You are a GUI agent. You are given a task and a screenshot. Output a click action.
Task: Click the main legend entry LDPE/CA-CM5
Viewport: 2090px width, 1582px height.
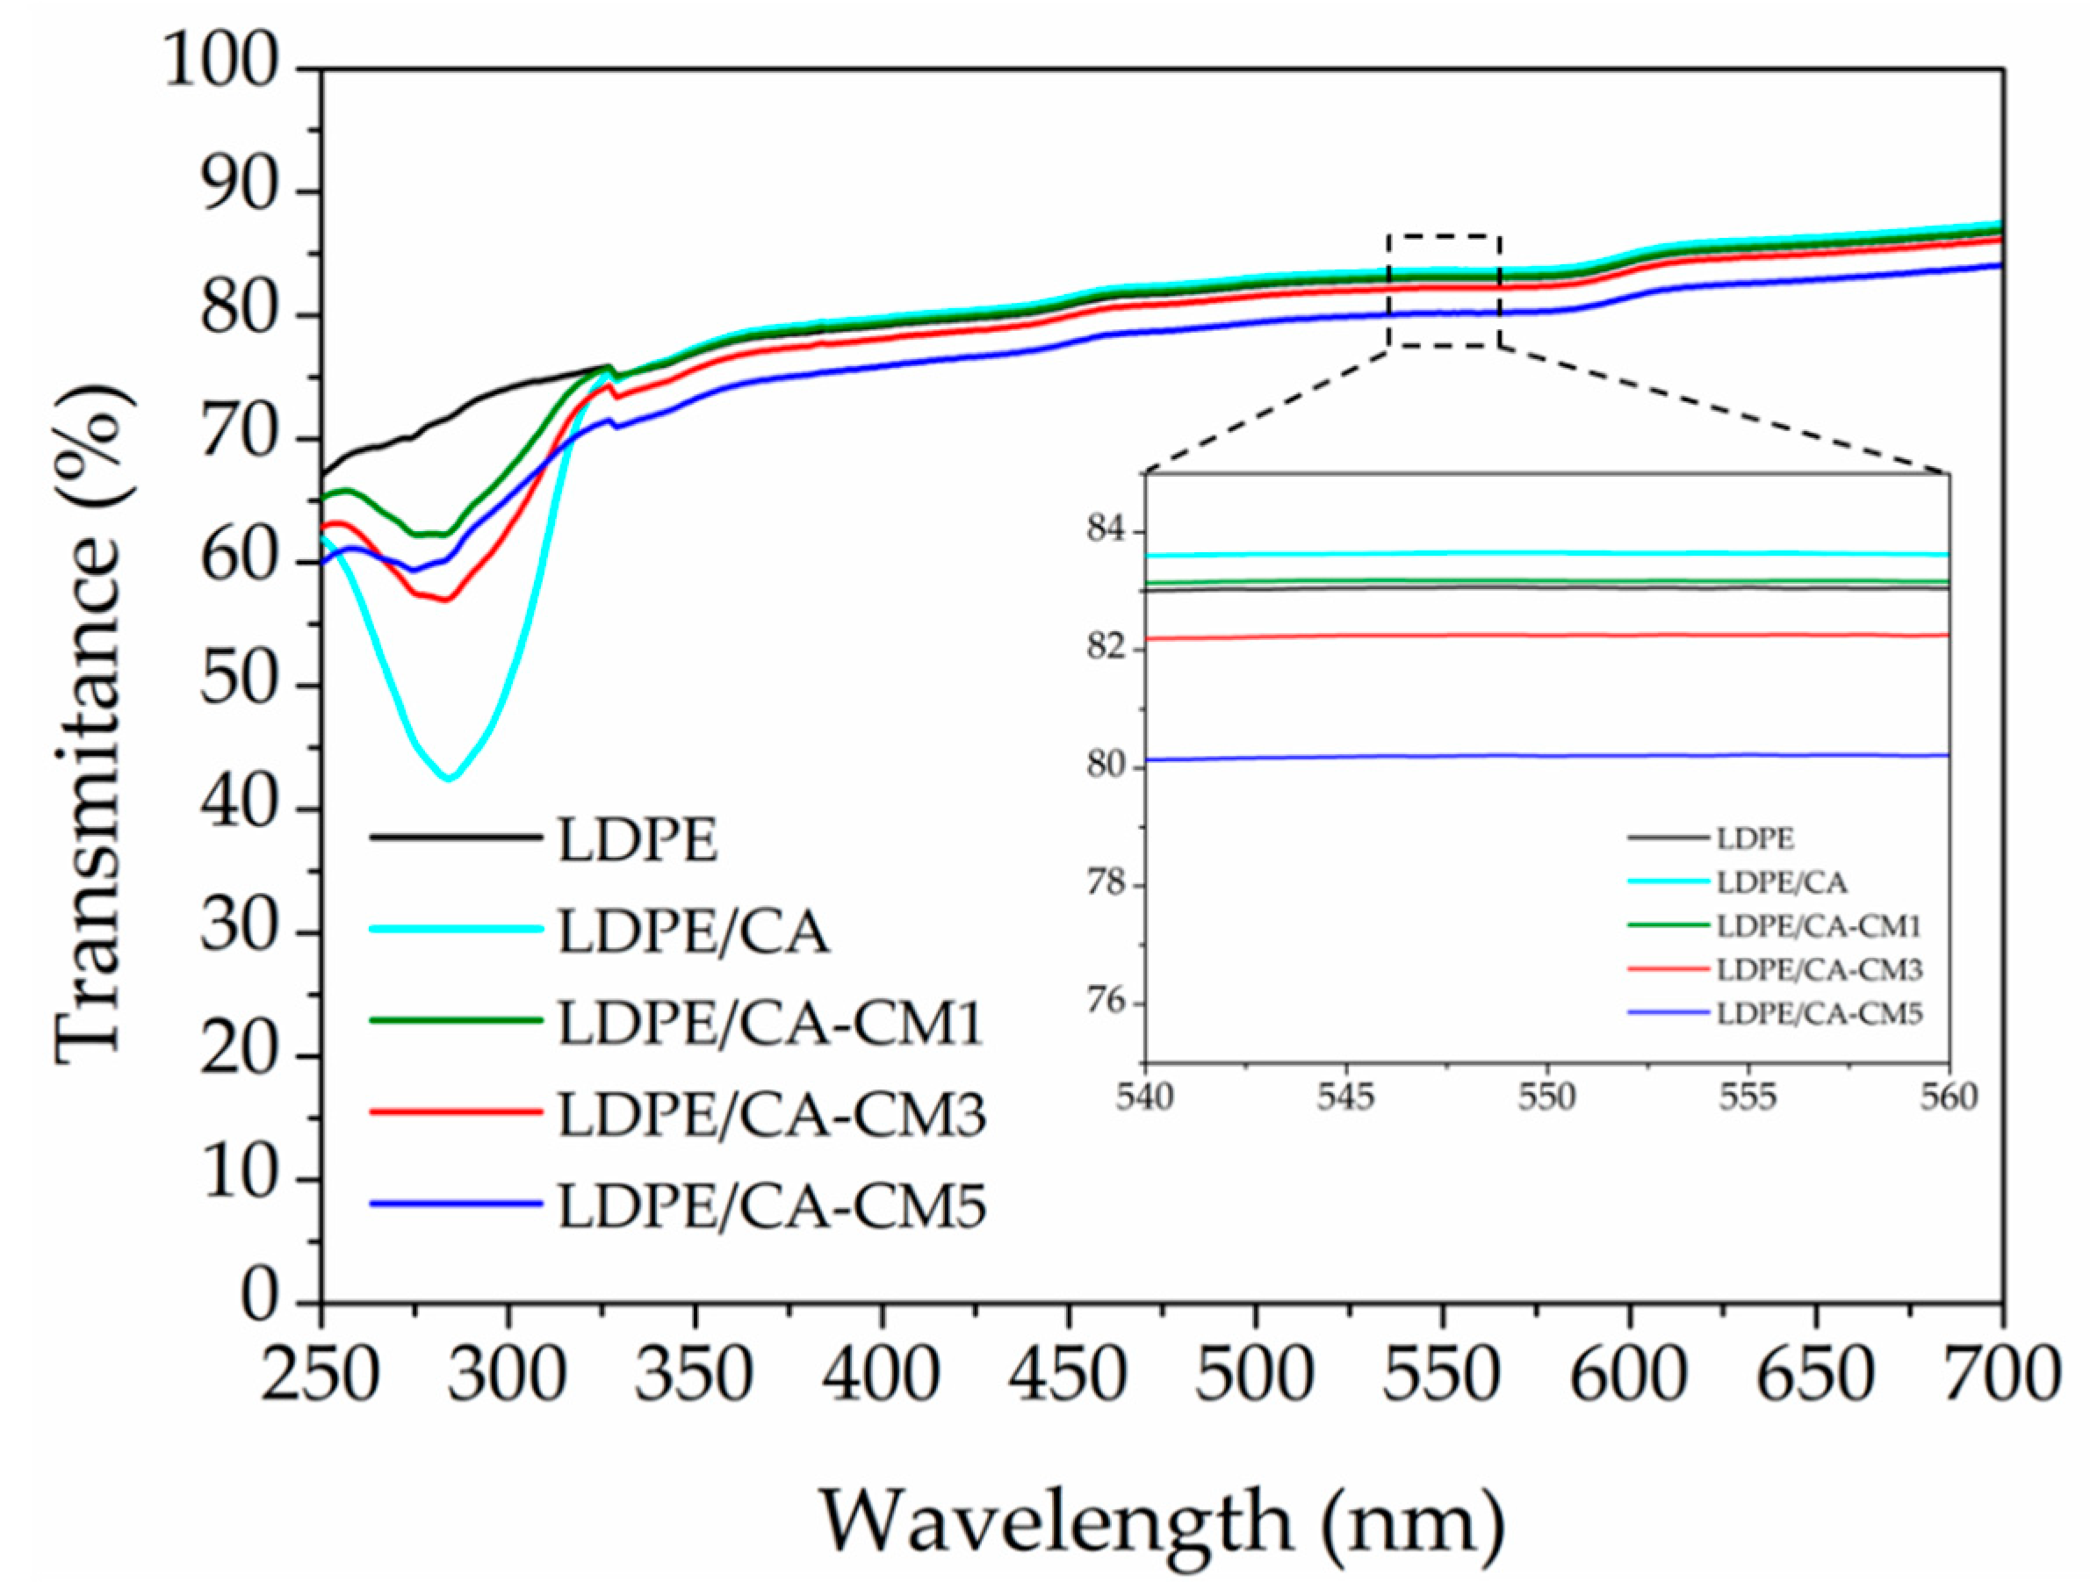pyautogui.click(x=771, y=1206)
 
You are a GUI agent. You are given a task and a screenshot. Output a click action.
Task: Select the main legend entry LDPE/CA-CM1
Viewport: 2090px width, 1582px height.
pyautogui.click(x=771, y=1023)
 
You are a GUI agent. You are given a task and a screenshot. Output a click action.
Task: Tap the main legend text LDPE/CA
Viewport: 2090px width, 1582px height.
pyautogui.click(x=694, y=931)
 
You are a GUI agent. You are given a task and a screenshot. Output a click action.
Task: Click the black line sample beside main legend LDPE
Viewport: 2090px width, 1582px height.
pyautogui.click(x=456, y=837)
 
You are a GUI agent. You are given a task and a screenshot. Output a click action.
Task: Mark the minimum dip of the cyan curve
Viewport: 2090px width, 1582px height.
pyautogui.click(x=450, y=778)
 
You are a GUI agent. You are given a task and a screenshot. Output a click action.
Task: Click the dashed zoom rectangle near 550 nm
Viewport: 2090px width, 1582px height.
pyautogui.click(x=1444, y=236)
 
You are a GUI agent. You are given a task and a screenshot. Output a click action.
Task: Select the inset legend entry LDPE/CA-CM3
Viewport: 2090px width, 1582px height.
pyautogui.click(x=1819, y=969)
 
